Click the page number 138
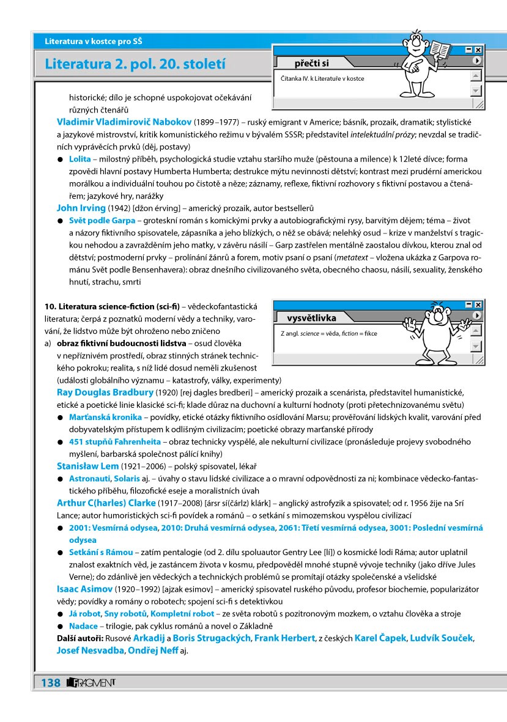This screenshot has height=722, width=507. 51,682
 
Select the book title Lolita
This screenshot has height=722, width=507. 80,159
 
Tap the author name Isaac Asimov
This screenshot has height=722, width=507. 84,589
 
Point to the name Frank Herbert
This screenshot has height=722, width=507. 283,638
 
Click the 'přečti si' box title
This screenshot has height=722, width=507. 312,63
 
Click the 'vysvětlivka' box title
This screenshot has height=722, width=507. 312,318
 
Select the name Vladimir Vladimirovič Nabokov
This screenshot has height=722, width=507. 124,122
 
